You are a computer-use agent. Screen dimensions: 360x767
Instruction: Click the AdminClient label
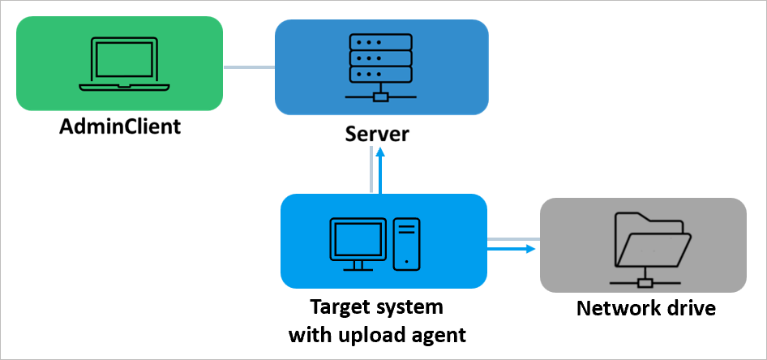pyautogui.click(x=119, y=127)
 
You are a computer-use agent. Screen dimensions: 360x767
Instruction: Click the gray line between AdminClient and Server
pyautogui.click(x=248, y=66)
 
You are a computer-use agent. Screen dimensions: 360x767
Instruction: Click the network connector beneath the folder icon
pyautogui.click(x=645, y=283)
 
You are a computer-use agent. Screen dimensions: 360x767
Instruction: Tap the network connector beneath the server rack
pyautogui.click(x=380, y=98)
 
